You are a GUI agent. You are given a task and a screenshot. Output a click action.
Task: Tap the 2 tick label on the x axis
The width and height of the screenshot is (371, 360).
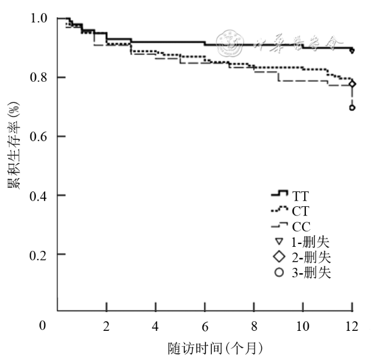click(x=106, y=326)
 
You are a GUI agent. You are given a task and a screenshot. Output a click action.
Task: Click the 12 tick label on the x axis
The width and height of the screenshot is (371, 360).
click(x=352, y=326)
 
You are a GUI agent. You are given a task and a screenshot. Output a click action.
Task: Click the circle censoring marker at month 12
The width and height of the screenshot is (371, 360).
click(x=352, y=107)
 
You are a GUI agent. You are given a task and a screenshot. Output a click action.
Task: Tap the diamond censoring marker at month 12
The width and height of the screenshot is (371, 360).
click(x=352, y=84)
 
